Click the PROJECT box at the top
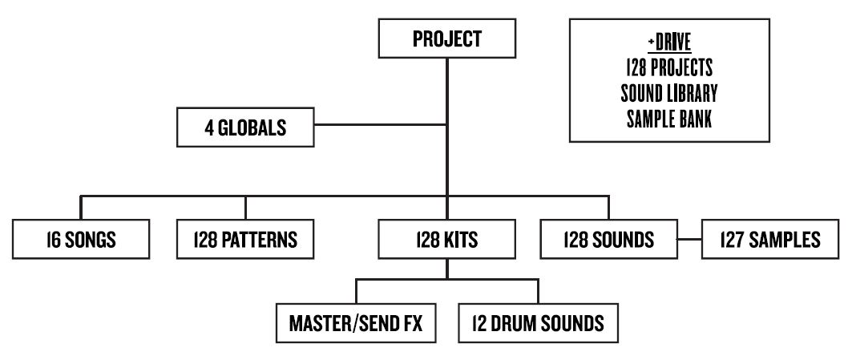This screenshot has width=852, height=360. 446,39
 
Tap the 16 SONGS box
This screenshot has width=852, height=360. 81,239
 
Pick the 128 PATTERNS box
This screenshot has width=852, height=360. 244,239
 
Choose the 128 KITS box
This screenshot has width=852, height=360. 446,239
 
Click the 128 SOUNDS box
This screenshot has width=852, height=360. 608,239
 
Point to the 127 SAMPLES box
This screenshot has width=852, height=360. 769,239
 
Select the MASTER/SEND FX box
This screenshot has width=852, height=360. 356,325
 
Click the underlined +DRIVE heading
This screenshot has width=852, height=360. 669,41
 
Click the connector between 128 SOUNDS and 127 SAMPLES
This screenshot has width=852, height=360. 689,239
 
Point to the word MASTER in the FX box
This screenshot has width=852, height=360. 325,325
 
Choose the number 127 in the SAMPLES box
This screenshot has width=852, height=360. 734,239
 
